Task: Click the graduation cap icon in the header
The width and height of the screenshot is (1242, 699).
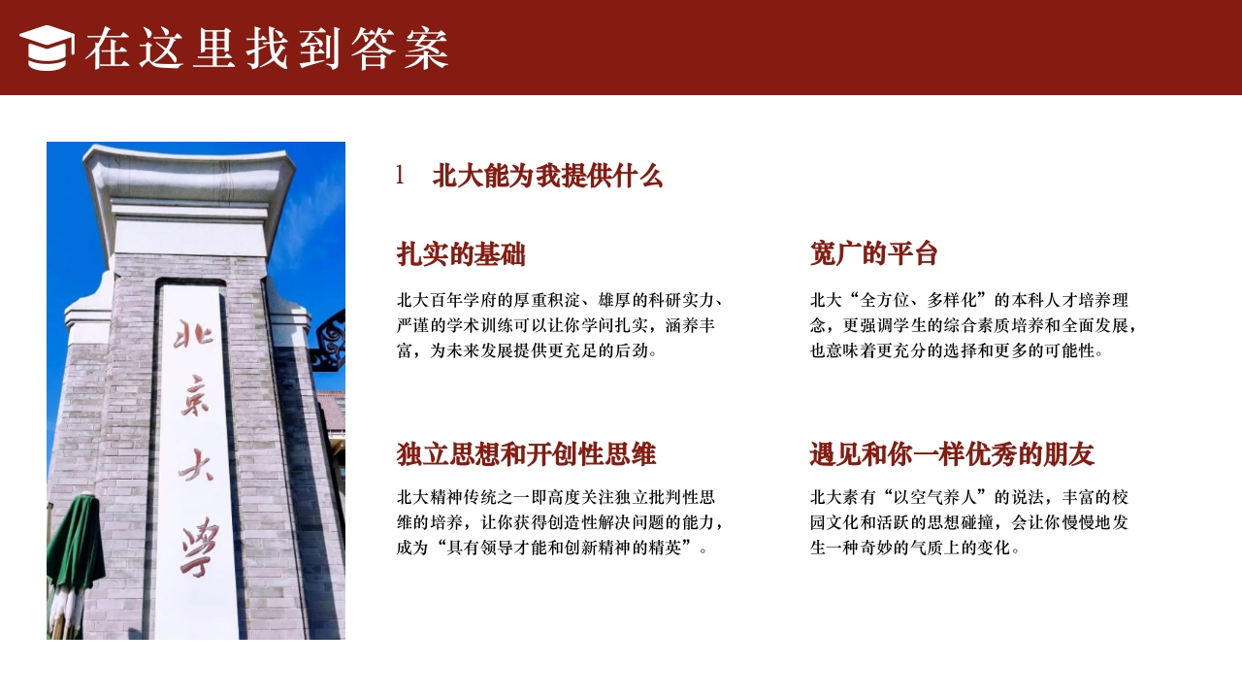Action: click(47, 48)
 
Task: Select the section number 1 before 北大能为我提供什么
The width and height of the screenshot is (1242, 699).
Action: click(400, 176)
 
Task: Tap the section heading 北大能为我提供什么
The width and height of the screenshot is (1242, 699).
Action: click(547, 176)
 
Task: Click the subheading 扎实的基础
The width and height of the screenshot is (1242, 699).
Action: click(461, 254)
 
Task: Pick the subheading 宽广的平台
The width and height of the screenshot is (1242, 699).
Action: click(874, 254)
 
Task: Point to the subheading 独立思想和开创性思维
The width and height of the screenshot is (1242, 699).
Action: click(526, 454)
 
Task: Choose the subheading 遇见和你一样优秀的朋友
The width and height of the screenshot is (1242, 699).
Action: click(952, 454)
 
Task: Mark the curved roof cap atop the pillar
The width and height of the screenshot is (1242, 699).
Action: click(189, 175)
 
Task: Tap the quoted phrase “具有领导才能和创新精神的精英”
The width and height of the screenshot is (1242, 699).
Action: click(567, 548)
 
